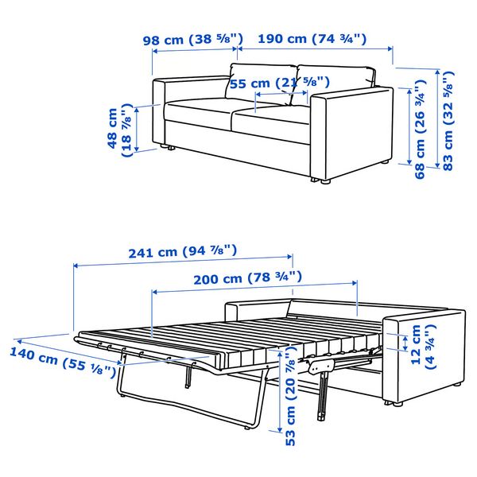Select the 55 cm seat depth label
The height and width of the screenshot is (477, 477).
pyautogui.click(x=280, y=83)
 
